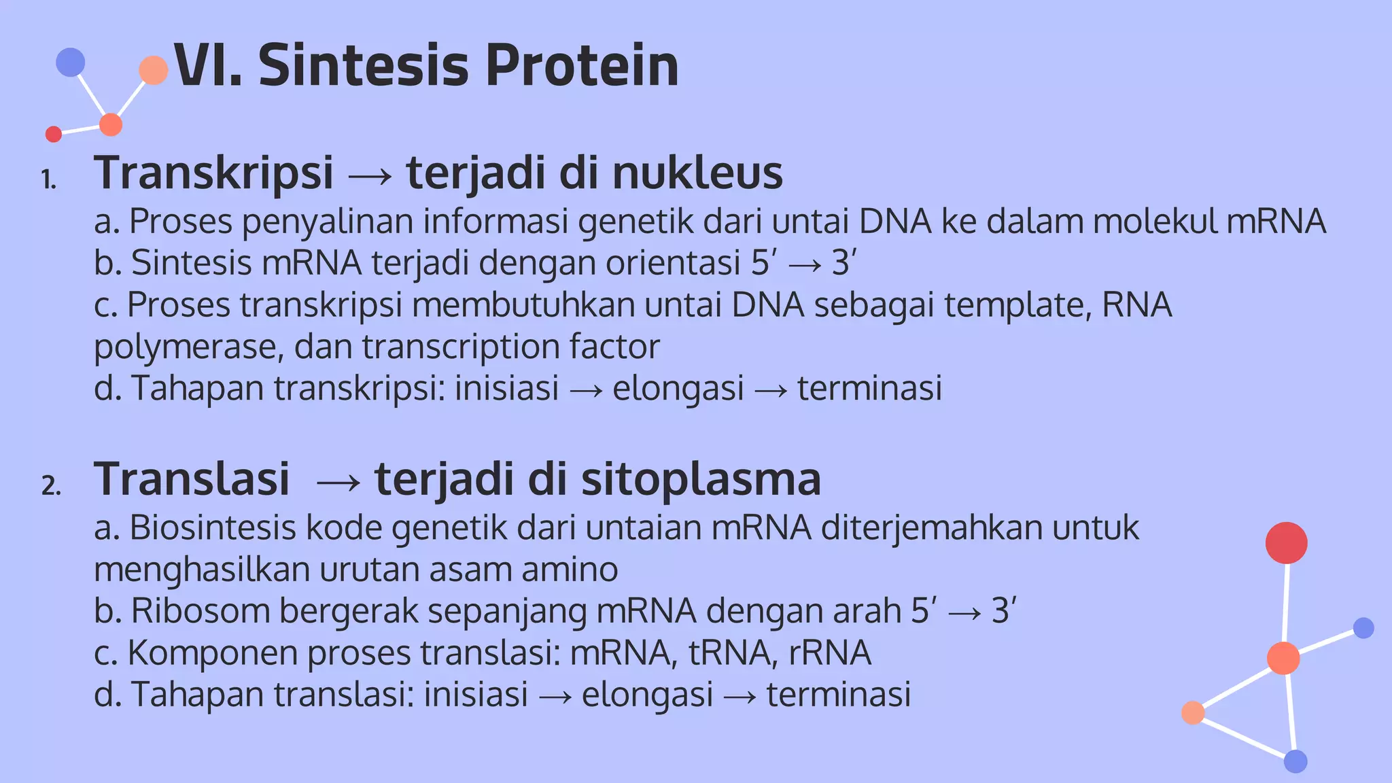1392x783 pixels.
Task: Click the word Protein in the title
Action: click(x=582, y=66)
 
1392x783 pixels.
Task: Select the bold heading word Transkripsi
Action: click(x=213, y=173)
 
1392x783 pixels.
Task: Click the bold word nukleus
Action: click(x=697, y=173)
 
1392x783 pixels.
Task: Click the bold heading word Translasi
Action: click(x=192, y=479)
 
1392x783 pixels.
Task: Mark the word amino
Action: click(x=570, y=570)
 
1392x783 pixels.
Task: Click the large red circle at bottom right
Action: click(x=1286, y=543)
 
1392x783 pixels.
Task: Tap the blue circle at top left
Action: click(x=71, y=62)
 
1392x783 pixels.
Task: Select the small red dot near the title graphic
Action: click(x=54, y=134)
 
